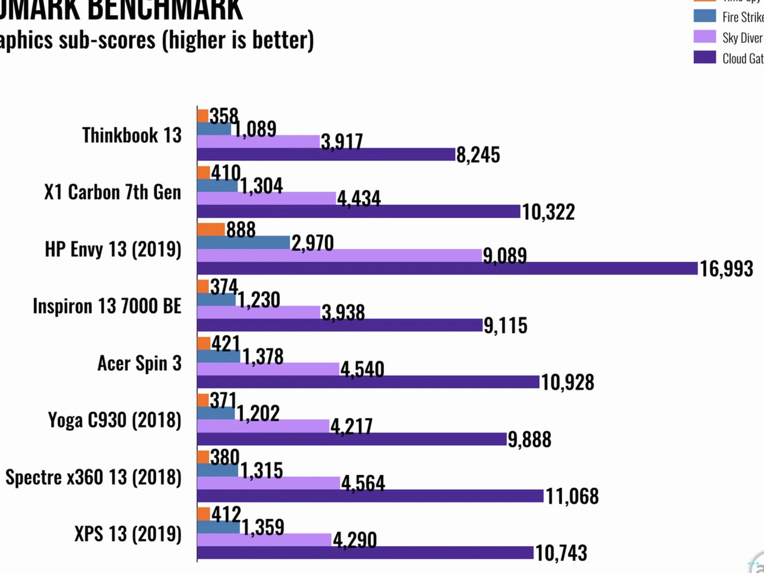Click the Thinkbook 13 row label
coord(132,135)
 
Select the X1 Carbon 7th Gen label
coord(113,192)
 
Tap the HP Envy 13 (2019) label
coord(113,249)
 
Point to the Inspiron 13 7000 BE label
coord(107,306)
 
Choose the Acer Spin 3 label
coord(140,363)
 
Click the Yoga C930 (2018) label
coord(115,420)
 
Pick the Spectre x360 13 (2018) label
coord(94,477)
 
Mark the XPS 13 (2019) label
coord(128,534)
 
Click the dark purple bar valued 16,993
coord(447,268)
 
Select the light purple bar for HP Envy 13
coord(340,255)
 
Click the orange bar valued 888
coord(211,230)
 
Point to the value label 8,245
coord(478,155)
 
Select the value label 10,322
coord(548,212)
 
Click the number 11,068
coord(572,496)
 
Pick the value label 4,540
coord(362,370)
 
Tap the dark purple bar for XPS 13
coord(365,553)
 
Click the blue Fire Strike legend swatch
coord(705,16)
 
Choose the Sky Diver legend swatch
coord(705,37)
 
